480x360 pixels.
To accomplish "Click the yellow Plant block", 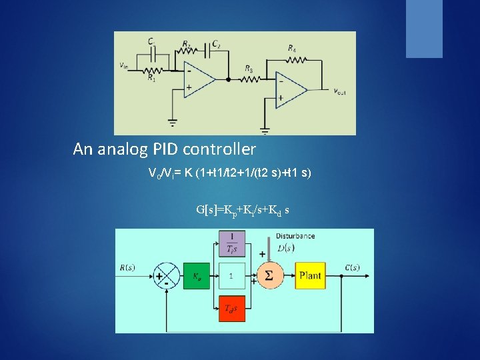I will point(310,275).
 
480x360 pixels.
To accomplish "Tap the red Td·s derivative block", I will point(231,307).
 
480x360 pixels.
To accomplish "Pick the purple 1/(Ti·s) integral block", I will point(231,243).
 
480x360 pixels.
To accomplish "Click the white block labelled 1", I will point(231,275).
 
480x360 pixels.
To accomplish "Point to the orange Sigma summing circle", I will point(269,275).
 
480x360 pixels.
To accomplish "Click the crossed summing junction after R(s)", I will point(164,275).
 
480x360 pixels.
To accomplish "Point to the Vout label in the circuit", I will point(339,92).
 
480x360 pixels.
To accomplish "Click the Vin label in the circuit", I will point(124,65).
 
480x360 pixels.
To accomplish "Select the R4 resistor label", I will point(292,48).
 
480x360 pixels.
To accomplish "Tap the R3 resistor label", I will point(248,69).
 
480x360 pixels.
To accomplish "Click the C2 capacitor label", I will point(216,44).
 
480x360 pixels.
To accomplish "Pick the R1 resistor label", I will point(152,79).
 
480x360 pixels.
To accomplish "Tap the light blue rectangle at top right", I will point(424,28).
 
